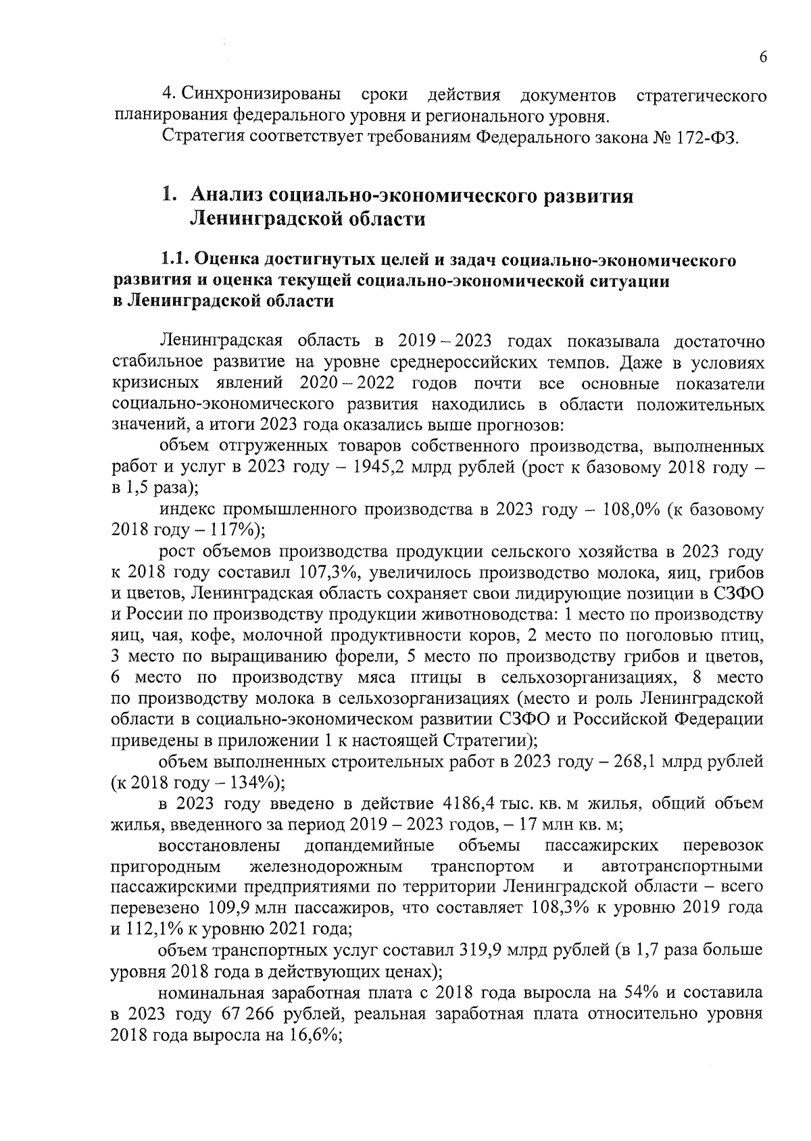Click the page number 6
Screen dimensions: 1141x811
tap(762, 57)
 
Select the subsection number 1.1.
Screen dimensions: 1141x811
tap(175, 259)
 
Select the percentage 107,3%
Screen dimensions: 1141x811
tap(324, 573)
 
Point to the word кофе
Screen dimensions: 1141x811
tap(212, 636)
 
